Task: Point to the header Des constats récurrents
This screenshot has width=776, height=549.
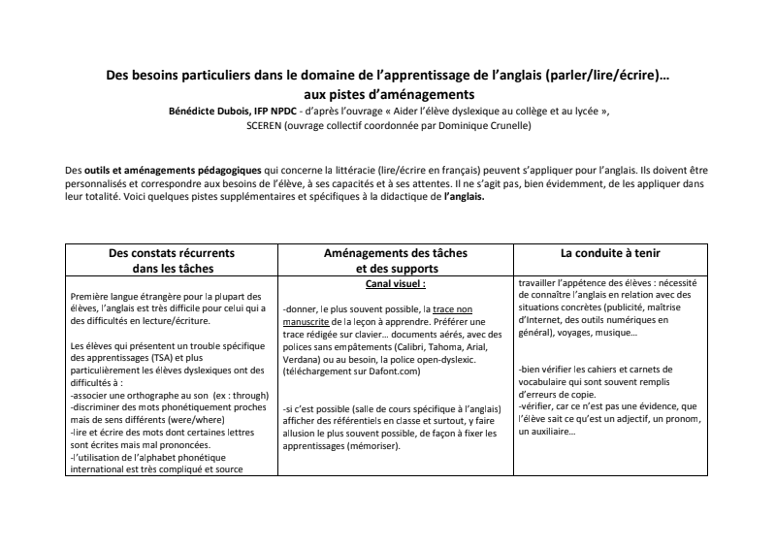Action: [x=171, y=253]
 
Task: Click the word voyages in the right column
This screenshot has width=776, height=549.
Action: [x=567, y=333]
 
